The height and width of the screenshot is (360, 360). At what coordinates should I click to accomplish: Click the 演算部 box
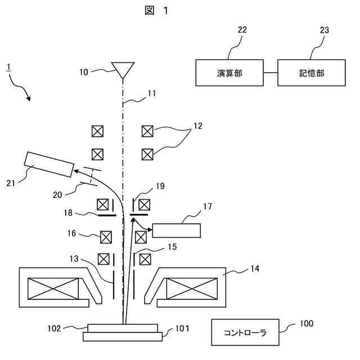(229, 73)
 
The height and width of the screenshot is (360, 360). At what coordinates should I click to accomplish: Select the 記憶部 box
(312, 73)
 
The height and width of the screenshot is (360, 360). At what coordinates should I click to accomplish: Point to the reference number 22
(242, 30)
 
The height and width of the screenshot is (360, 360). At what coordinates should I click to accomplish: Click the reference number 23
(325, 30)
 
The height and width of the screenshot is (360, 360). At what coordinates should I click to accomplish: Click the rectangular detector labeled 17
(177, 231)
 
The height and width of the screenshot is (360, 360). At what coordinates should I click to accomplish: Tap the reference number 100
(307, 323)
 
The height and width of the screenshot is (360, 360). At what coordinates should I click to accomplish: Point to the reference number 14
(255, 269)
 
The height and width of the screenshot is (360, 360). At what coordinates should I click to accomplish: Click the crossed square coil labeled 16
(105, 237)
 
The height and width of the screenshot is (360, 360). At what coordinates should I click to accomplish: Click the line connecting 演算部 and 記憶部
(271, 73)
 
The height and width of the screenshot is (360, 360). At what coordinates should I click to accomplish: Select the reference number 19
(160, 186)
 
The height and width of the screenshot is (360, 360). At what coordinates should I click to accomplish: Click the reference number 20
(57, 194)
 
